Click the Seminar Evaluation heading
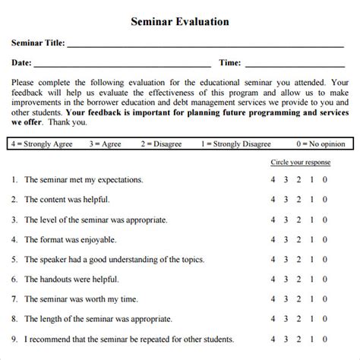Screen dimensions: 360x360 (x=180, y=22)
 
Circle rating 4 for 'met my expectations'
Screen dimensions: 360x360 (x=273, y=181)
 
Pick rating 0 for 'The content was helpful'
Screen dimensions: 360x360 (x=325, y=200)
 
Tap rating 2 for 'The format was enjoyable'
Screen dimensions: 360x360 (x=299, y=239)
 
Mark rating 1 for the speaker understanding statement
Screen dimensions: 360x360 (x=312, y=259)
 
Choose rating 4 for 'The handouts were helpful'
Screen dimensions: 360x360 (x=273, y=279)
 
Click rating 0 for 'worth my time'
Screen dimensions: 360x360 (x=325, y=298)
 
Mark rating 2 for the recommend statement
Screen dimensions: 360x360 (x=299, y=338)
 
